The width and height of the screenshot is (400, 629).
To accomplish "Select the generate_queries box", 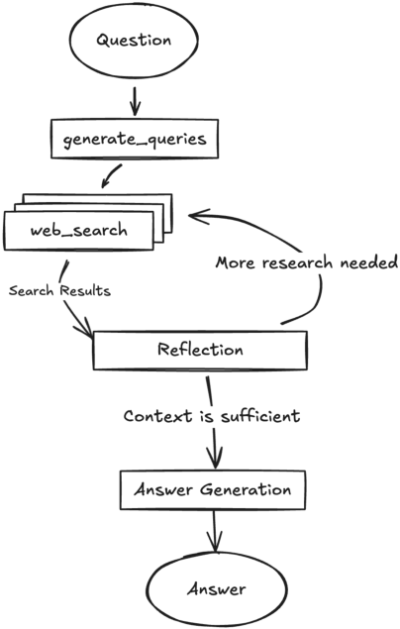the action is click(x=135, y=139).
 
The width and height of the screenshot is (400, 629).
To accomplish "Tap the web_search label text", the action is click(x=79, y=231).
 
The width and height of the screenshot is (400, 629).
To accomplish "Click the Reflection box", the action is click(x=200, y=351).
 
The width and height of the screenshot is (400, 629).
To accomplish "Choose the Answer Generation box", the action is click(x=213, y=490).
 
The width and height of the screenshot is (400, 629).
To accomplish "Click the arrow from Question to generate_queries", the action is click(x=135, y=101).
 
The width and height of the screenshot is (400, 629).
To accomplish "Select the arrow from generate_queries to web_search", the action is click(x=111, y=175).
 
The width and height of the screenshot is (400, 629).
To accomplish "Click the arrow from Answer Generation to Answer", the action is click(x=215, y=532).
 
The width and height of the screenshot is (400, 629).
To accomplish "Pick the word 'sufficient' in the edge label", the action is click(x=260, y=416).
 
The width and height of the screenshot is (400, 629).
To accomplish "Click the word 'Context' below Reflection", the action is click(x=157, y=416).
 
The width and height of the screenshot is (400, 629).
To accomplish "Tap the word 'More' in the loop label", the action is click(x=235, y=262).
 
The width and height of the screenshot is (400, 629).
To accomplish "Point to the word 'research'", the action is click(x=297, y=262).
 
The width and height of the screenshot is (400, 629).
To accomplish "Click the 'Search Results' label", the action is click(x=59, y=290).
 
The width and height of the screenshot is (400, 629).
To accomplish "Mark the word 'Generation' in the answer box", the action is click(x=246, y=489).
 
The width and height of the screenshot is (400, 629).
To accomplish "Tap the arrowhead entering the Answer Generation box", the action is click(x=215, y=459).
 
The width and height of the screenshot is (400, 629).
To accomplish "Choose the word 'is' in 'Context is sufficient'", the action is click(x=206, y=416).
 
